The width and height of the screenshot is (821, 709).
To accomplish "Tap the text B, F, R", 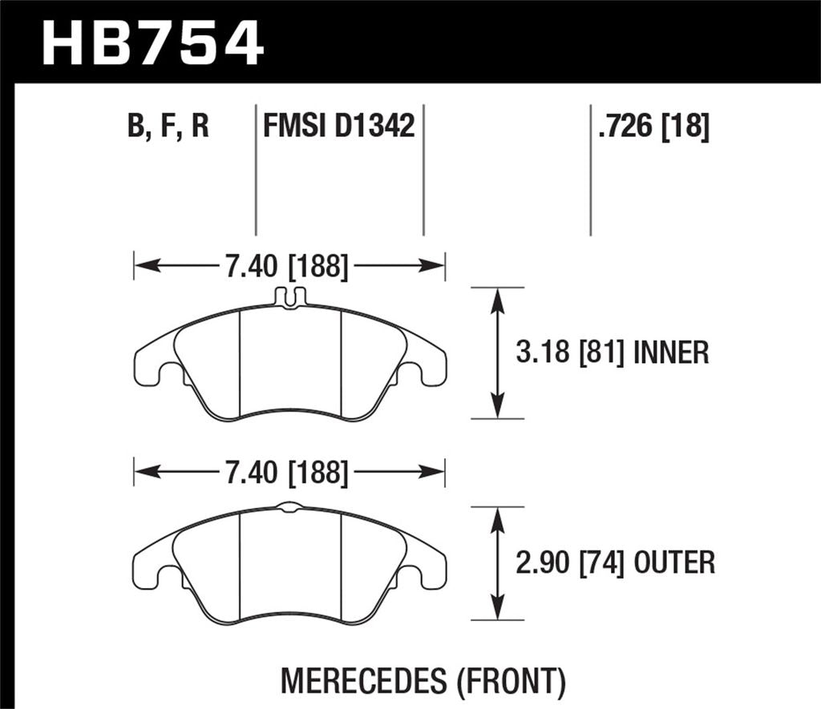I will point(168,127).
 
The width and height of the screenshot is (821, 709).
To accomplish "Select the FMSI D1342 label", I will point(338,127).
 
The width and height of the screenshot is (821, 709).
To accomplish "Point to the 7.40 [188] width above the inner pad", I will point(286,266).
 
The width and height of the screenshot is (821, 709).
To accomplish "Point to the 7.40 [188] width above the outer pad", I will point(286,473).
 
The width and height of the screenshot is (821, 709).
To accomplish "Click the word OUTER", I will point(673,563).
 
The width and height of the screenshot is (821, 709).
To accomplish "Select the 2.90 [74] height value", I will point(569,563).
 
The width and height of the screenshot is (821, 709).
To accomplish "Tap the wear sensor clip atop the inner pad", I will point(289,297).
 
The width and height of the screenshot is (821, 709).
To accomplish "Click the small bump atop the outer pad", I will point(289,506).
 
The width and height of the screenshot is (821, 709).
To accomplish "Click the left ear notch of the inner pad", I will point(170,373).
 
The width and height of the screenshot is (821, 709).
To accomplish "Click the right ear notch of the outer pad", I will point(410,576).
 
